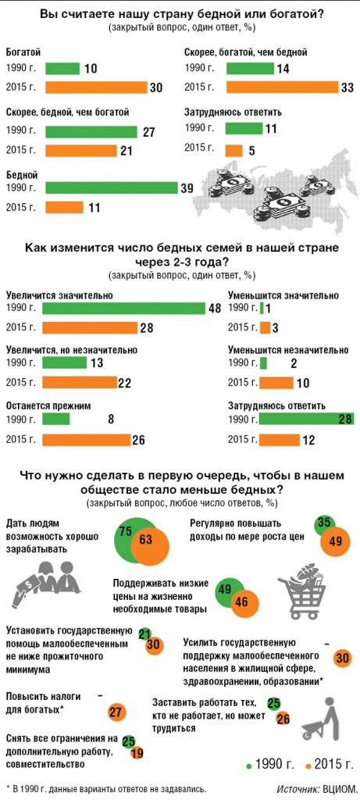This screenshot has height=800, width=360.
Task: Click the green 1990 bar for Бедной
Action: (111, 187)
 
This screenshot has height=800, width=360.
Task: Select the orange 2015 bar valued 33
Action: (282, 87)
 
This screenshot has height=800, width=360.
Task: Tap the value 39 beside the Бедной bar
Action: (187, 188)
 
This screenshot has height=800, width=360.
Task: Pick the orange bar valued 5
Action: (234, 151)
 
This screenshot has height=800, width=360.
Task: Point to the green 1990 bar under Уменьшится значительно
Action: (262, 308)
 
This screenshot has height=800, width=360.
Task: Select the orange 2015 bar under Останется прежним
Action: (86, 440)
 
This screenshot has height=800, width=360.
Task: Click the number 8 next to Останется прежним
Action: (109, 420)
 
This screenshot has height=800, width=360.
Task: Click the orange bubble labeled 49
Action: (335, 541)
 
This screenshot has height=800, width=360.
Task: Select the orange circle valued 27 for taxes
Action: (116, 712)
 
